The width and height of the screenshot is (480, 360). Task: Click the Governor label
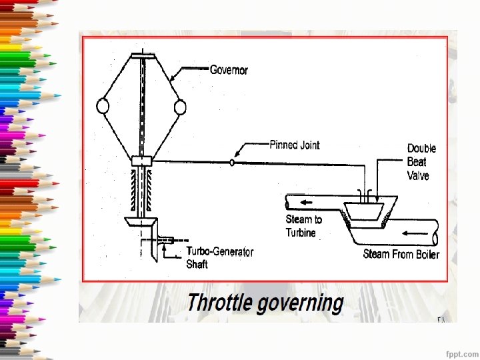[229, 70]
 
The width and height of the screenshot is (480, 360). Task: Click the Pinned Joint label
[294, 145]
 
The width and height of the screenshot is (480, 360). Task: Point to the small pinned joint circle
[231, 162]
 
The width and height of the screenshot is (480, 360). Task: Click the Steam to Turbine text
[304, 226]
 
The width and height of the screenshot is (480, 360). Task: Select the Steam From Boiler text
[401, 254]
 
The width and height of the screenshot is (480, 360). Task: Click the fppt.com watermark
[461, 351]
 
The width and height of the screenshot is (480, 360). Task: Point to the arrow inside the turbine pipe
[306, 203]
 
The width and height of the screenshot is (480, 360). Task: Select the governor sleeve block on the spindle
[142, 161]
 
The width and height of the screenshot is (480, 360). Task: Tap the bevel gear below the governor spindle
[141, 221]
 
